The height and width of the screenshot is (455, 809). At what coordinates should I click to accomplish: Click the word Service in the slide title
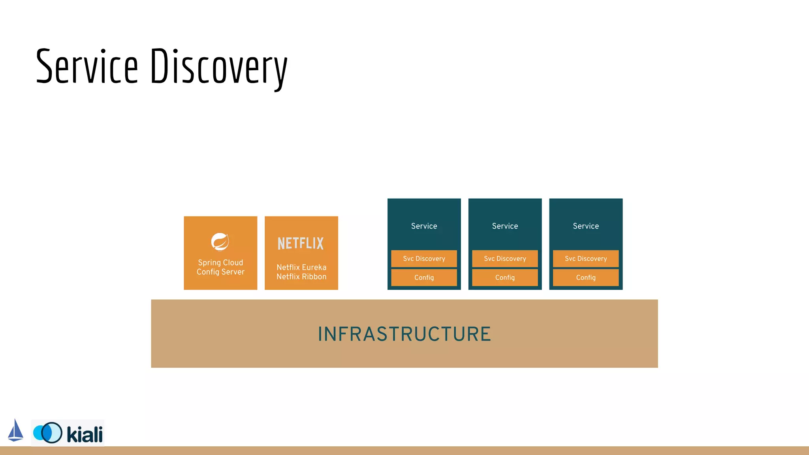(x=87, y=66)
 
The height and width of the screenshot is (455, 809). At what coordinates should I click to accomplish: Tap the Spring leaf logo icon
(x=220, y=242)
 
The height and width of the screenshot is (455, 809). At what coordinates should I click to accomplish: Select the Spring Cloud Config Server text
(x=220, y=267)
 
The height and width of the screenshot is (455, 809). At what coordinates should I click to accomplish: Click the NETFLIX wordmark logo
(x=301, y=243)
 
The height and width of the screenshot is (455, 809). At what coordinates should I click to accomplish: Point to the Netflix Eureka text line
(x=301, y=267)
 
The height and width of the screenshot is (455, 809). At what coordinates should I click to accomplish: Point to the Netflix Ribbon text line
(x=301, y=277)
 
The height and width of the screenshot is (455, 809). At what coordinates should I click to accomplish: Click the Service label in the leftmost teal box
(x=424, y=226)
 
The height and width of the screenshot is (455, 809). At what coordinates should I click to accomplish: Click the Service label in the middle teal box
(x=505, y=226)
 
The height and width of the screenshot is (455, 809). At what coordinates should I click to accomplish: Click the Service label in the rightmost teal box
(x=586, y=226)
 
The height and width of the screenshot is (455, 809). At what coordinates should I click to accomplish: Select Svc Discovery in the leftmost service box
(x=424, y=259)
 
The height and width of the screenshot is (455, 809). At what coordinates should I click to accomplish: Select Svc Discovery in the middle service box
(x=505, y=259)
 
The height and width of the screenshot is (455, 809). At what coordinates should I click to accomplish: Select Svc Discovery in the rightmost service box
(x=586, y=259)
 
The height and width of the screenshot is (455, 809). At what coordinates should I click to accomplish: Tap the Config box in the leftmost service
(x=424, y=278)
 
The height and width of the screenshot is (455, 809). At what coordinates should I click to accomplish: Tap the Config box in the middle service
(x=505, y=278)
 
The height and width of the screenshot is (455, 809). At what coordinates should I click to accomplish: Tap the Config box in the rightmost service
(x=586, y=278)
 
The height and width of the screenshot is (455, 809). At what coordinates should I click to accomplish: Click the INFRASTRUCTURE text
(x=404, y=334)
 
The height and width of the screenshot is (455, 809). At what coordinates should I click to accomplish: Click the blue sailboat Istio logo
(x=16, y=431)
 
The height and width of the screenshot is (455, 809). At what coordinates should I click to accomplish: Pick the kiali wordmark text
(x=85, y=434)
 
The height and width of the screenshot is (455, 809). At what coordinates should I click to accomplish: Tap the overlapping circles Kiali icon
(x=48, y=432)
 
